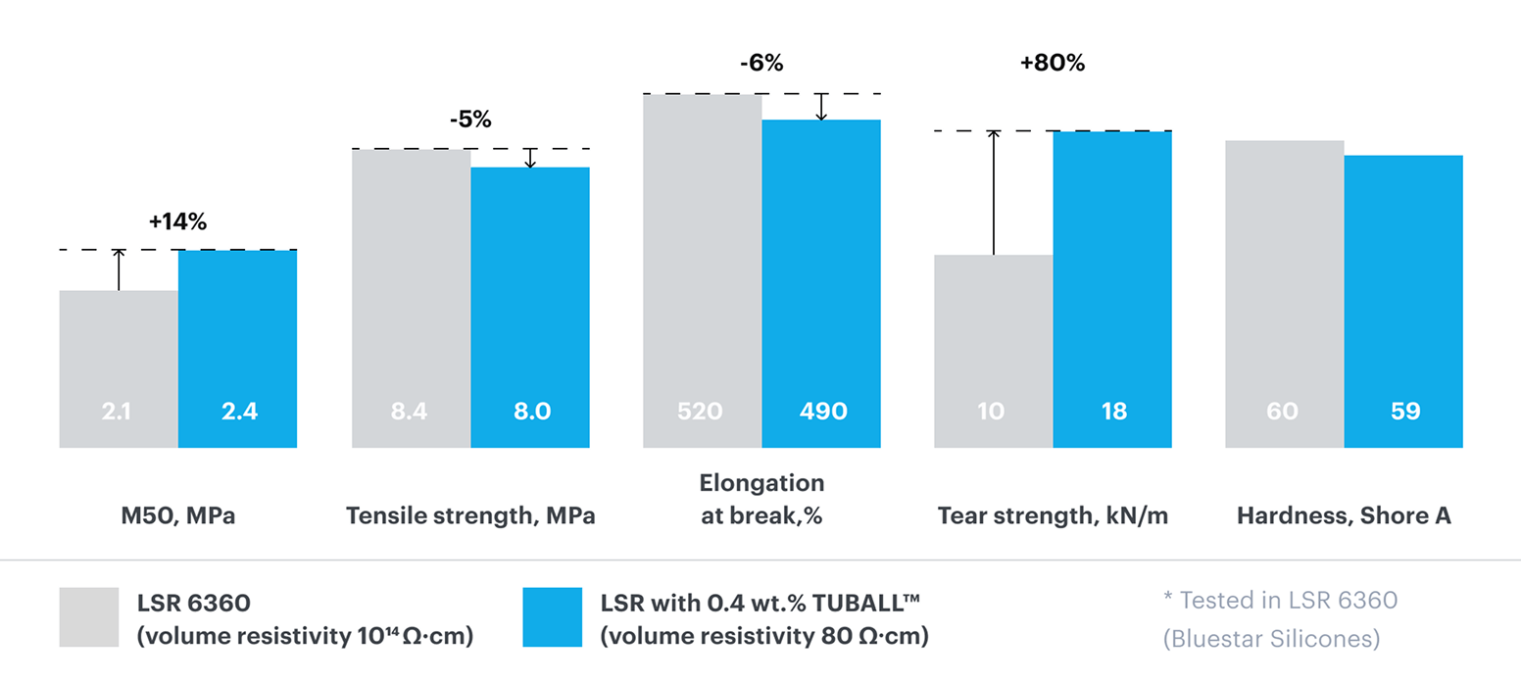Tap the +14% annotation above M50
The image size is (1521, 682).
coord(177,222)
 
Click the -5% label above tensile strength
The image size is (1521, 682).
coord(470,121)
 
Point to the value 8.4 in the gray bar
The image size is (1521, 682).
coord(411,412)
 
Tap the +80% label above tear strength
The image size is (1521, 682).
coord(1053,64)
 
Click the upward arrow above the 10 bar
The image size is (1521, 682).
coord(993,192)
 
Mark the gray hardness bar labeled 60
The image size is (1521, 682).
coord(1284,294)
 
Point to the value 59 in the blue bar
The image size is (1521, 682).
coord(1403,412)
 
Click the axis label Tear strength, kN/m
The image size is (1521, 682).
coord(1053,516)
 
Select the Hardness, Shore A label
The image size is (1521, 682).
coord(1344,516)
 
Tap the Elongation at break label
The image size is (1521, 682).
coord(761,500)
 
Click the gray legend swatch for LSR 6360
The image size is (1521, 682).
coord(88,617)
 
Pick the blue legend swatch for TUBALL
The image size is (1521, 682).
coord(552,617)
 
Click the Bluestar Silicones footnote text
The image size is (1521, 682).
coord(1271,639)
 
